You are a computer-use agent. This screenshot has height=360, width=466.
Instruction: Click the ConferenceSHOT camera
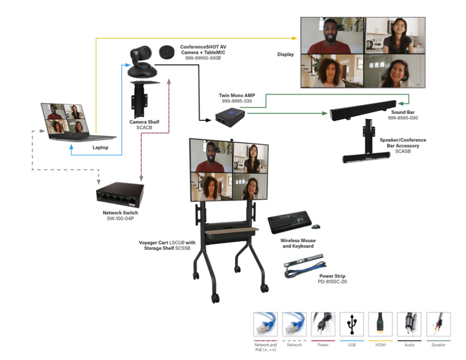(x=142, y=60)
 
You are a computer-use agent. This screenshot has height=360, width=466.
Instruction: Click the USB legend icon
(x=352, y=324)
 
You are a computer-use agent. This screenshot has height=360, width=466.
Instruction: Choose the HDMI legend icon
(x=380, y=324)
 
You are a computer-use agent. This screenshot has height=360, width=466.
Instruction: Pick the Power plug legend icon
(x=323, y=324)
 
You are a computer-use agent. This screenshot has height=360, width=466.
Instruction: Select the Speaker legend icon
(x=438, y=324)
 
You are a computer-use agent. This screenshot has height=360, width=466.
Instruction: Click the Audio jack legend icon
(x=409, y=324)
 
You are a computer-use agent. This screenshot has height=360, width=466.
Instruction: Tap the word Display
(x=285, y=55)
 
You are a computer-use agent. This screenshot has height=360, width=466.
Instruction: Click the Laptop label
(x=100, y=147)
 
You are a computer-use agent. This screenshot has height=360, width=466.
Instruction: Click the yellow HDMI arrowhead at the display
(x=294, y=38)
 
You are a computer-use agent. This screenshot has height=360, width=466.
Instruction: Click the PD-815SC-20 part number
(x=332, y=281)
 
